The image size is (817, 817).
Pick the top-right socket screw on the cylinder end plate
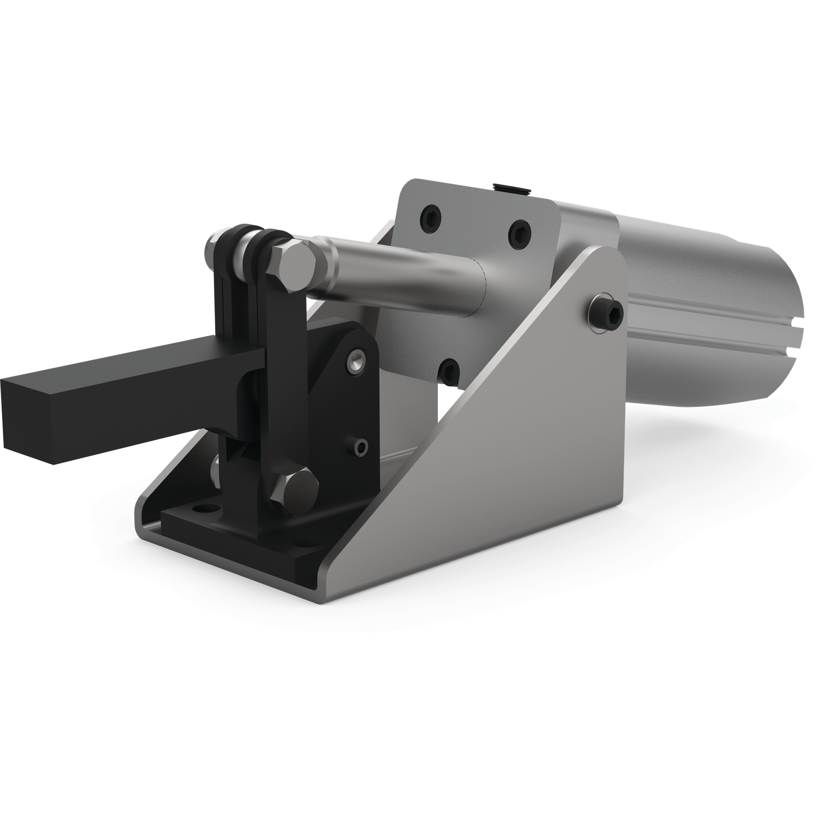tap(519, 233)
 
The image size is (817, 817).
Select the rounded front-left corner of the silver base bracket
tap(143, 523)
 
